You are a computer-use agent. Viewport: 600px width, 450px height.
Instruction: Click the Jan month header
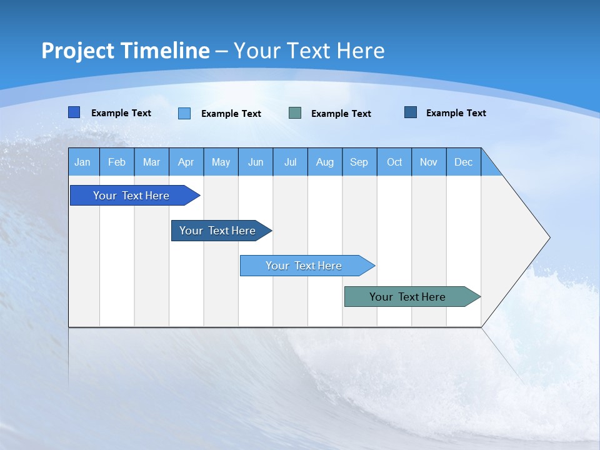click(83, 162)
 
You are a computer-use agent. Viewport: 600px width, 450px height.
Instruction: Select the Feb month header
click(117, 162)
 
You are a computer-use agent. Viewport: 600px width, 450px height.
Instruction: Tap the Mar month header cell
click(151, 162)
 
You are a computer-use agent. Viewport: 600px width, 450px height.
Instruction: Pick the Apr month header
click(186, 162)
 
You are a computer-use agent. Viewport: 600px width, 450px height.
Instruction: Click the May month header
click(221, 162)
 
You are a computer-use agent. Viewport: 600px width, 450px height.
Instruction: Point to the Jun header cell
click(256, 162)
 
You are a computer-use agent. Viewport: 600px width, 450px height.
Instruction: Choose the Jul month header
click(290, 162)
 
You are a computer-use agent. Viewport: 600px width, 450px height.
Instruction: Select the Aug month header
click(325, 162)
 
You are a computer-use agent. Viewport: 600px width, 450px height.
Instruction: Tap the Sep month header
click(359, 162)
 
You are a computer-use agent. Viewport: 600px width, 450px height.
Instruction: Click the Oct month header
click(394, 162)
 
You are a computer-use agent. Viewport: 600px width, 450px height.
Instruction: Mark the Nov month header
click(429, 162)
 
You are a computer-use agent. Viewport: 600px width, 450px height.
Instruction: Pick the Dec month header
click(464, 162)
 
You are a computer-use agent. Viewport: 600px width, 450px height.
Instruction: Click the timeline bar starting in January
click(131, 196)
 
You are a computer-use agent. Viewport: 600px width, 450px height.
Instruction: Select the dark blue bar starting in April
click(217, 231)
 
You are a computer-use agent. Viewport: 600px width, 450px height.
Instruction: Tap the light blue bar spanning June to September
click(304, 266)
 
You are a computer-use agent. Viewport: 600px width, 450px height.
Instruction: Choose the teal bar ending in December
click(407, 297)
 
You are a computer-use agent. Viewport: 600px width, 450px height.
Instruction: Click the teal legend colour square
click(295, 113)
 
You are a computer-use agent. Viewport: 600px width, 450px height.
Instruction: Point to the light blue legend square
click(184, 113)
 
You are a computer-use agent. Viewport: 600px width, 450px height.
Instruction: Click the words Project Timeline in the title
click(125, 51)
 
